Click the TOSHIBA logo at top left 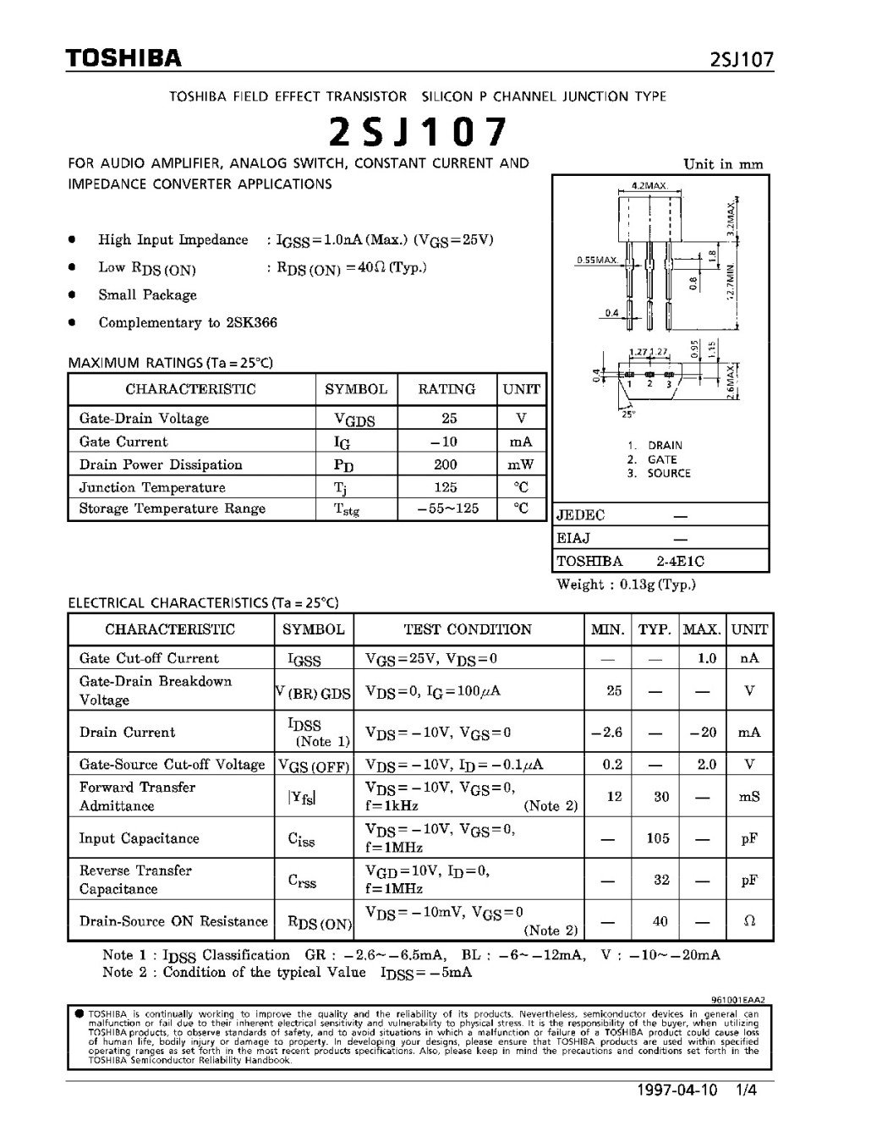[x=124, y=58]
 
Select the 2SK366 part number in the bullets [x=251, y=322]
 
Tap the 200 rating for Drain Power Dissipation [x=445, y=464]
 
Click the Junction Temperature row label [x=152, y=487]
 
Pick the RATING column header [x=446, y=389]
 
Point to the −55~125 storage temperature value [x=446, y=508]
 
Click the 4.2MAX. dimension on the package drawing [x=649, y=184]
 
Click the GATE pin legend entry [x=661, y=459]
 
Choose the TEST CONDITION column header [x=468, y=629]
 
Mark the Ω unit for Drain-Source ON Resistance [x=749, y=921]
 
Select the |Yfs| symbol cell [x=314, y=796]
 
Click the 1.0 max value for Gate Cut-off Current [x=707, y=658]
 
